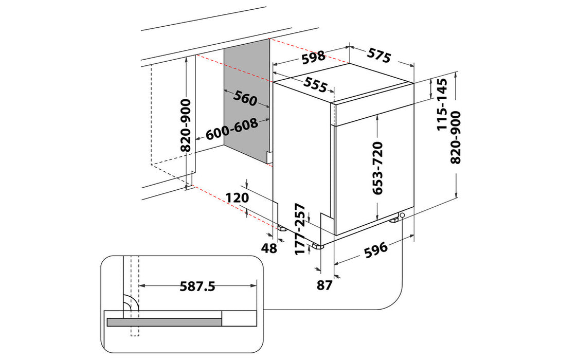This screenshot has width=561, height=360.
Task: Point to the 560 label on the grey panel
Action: click(x=245, y=98)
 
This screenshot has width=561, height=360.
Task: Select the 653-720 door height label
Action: click(x=378, y=168)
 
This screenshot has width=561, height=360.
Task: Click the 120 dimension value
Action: click(x=237, y=197)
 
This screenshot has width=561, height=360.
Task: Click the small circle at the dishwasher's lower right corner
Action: click(x=402, y=215)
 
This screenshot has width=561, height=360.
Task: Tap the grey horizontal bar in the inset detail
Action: click(x=164, y=322)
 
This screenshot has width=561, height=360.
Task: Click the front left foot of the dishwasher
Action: click(x=319, y=245)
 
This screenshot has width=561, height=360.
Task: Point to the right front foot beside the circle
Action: click(x=394, y=219)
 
